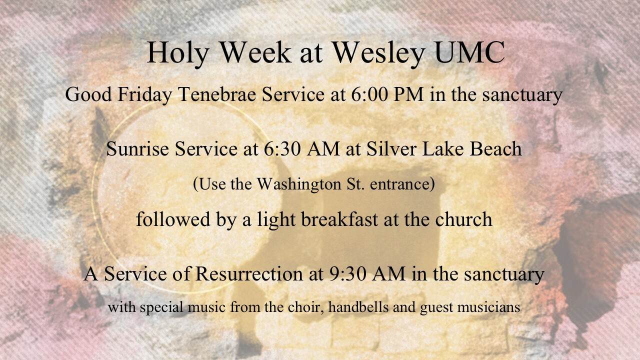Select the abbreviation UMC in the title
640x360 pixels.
(x=469, y=52)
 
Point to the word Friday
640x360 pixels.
(x=145, y=95)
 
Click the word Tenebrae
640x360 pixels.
(x=217, y=94)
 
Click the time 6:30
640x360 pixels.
(x=281, y=149)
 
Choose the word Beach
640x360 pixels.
(x=495, y=149)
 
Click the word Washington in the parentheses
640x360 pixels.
(x=299, y=185)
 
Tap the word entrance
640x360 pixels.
(x=400, y=184)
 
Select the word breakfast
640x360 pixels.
(x=339, y=219)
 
